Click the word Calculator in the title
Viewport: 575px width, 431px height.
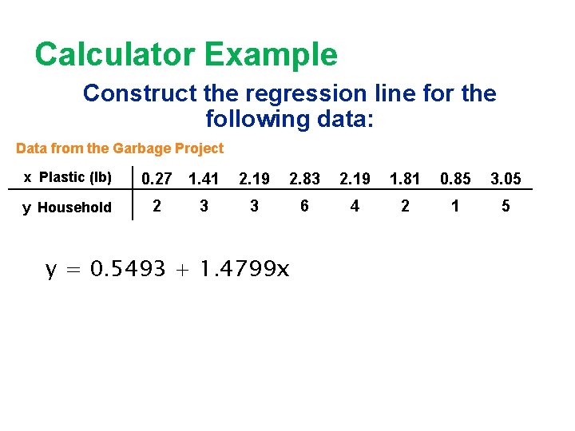pos(115,55)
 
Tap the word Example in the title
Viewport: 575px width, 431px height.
pos(271,55)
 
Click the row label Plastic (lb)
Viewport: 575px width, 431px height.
pos(75,177)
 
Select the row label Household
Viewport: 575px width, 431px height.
pos(75,208)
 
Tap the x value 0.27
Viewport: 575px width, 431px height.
pos(157,180)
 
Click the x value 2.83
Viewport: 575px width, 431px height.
pos(303,180)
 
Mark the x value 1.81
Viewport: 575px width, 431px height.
pos(405,180)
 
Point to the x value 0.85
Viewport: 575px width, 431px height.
pos(455,180)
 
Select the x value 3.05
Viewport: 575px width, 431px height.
pos(506,180)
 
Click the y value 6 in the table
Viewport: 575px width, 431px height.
pos(304,206)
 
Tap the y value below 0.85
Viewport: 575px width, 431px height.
pos(455,206)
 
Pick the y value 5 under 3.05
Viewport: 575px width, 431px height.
pos(506,206)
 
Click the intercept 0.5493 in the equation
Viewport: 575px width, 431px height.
pos(128,270)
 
